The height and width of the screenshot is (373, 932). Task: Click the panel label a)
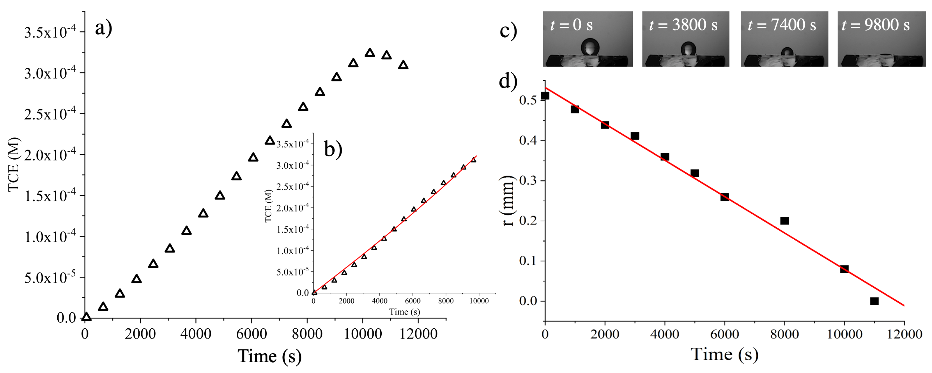point(103,28)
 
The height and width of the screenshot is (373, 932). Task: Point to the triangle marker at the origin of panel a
point(87,317)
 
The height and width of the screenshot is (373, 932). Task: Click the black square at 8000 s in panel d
point(784,221)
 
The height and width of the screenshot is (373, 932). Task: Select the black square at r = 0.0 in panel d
point(874,301)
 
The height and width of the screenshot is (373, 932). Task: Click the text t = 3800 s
point(683,25)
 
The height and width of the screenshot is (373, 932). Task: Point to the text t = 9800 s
point(876,25)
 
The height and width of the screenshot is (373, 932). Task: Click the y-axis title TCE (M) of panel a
point(14,165)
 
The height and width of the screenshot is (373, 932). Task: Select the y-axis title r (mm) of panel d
point(508,201)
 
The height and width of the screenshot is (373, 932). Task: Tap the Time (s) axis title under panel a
point(270,356)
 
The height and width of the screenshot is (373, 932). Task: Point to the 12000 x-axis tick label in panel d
point(904,334)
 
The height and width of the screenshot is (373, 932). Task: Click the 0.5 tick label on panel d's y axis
point(528,100)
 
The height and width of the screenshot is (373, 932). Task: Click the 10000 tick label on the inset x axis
point(479,301)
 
